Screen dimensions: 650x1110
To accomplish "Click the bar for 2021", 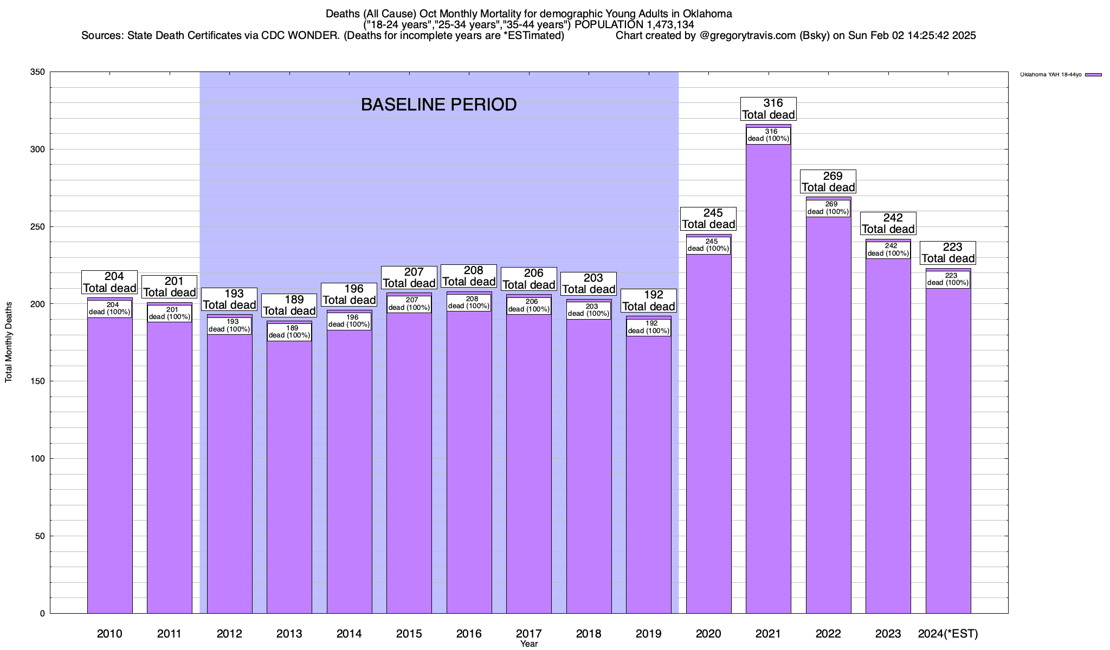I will coord(768,379).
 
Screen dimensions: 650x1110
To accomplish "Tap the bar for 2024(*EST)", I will coord(948,450).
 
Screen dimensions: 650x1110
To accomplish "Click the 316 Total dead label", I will coord(769,109).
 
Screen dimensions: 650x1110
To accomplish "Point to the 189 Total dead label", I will coord(289,305).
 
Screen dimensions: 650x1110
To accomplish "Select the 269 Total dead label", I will coord(828,181).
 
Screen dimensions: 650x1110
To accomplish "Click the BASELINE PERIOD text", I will coord(438,105).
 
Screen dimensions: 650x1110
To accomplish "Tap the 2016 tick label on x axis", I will coord(469,633).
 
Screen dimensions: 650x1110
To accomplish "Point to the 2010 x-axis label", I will coord(109,633).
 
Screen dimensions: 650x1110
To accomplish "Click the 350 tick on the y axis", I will coord(38,72).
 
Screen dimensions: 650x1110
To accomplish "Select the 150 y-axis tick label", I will coord(38,381).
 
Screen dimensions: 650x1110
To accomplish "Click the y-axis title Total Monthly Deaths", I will coord(9,342).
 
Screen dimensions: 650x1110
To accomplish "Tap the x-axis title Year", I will coord(528,644).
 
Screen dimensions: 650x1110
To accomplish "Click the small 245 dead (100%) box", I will coord(708,245).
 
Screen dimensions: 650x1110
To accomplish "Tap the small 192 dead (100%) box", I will coord(649,327).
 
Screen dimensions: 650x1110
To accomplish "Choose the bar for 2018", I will coord(589,466).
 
